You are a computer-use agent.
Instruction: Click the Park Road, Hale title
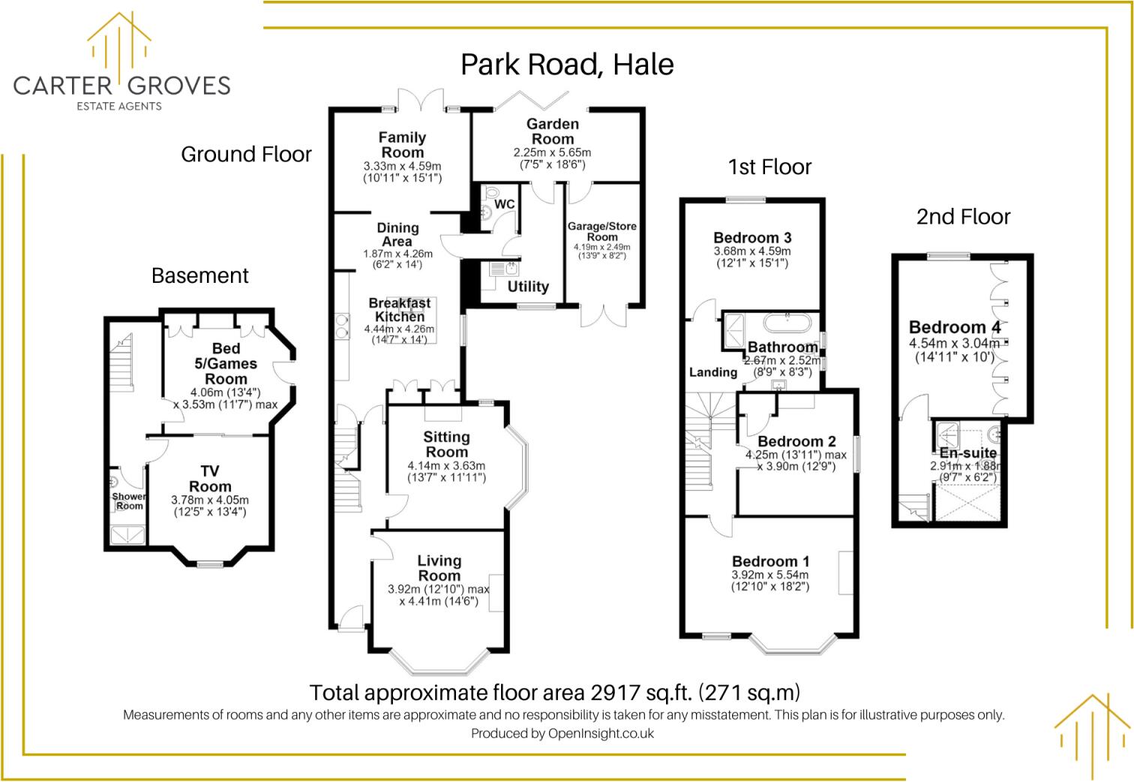(567, 65)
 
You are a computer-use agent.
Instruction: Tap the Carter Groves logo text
(121, 86)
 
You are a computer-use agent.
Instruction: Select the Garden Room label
(552, 131)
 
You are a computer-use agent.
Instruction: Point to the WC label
(504, 204)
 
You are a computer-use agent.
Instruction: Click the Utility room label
(528, 287)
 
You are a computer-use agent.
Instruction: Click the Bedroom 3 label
(752, 238)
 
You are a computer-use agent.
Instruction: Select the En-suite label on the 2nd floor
(968, 453)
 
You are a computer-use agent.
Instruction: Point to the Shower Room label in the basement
(129, 501)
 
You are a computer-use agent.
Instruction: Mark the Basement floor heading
(200, 276)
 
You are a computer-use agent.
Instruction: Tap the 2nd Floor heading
(964, 217)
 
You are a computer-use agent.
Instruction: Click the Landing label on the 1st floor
(712, 372)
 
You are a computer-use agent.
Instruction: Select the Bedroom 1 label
(770, 561)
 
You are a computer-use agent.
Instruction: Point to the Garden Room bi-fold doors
(532, 101)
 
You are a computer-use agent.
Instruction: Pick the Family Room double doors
(421, 100)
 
